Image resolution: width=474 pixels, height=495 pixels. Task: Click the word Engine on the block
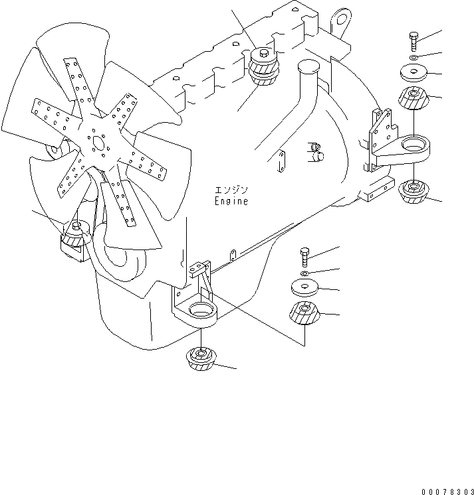click(231, 202)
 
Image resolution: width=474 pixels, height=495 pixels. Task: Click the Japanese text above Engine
click(230, 189)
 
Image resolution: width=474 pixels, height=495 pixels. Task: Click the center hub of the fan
click(98, 143)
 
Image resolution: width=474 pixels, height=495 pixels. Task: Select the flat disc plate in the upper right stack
click(413, 72)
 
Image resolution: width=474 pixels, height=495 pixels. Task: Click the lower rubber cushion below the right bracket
click(413, 192)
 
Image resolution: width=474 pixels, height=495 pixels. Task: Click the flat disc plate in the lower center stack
click(305, 287)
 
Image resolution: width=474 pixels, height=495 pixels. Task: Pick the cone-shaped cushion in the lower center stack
click(305, 315)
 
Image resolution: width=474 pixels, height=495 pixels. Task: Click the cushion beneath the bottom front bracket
click(201, 359)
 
